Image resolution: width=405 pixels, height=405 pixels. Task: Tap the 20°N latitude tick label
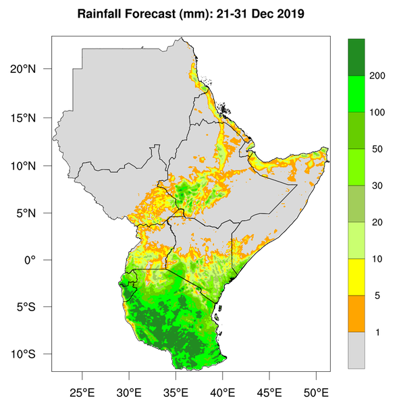(x=32, y=69)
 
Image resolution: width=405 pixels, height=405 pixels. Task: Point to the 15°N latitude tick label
(x=32, y=117)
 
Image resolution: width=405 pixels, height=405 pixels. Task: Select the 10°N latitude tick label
(x=32, y=165)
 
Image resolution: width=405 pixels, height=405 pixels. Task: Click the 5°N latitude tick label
(x=34, y=213)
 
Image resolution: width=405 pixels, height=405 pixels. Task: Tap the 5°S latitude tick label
(x=34, y=307)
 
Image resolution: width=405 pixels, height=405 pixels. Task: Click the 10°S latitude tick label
(x=32, y=354)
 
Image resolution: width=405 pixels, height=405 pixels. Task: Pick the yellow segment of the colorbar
(x=356, y=277)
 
